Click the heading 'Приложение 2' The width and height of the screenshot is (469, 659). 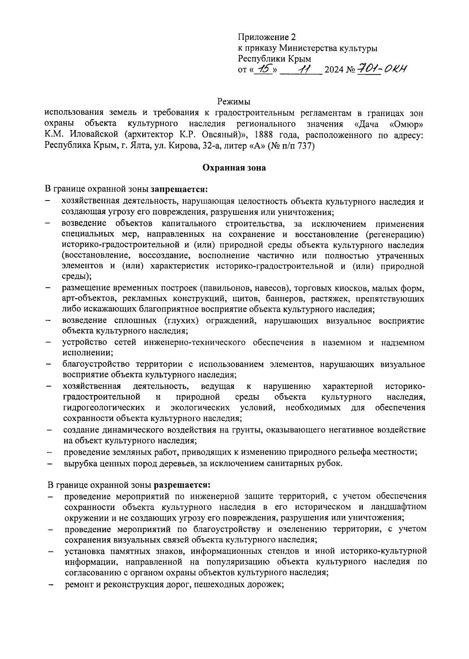pyautogui.click(x=267, y=37)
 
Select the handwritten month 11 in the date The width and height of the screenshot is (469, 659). pyautogui.click(x=303, y=70)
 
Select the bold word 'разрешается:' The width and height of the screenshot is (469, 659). pyautogui.click(x=182, y=485)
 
